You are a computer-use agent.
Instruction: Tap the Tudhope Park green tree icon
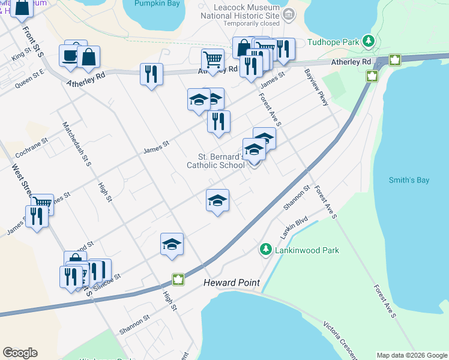point(369,41)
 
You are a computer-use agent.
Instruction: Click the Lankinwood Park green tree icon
point(265,248)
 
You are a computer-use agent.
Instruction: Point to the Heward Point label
point(231,283)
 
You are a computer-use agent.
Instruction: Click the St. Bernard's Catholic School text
point(215,161)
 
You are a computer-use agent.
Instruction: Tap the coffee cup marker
point(68,56)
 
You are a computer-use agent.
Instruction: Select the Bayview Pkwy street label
point(317,88)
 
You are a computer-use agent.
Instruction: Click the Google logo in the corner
point(20,353)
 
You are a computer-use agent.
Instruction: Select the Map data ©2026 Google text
point(411,355)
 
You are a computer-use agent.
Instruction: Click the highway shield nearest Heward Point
point(178,279)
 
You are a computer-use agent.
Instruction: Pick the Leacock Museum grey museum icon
point(289,13)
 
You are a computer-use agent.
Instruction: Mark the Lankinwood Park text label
point(307,250)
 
